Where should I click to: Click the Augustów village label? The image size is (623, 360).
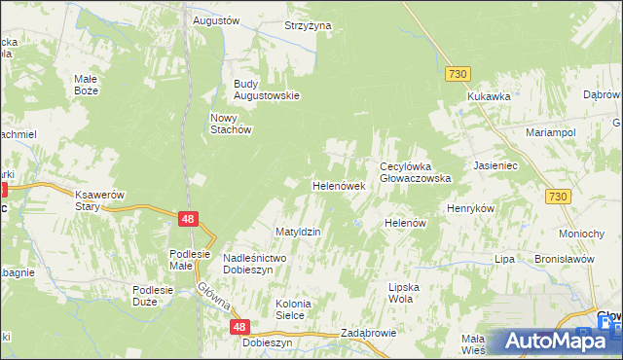[x=216, y=19]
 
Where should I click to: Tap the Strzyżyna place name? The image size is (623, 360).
[x=308, y=25]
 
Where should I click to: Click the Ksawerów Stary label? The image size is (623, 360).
[x=101, y=200]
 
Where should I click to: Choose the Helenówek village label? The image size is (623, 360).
[x=337, y=185]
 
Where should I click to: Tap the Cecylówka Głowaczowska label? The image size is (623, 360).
[x=415, y=172]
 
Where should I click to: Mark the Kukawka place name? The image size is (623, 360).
[x=489, y=96]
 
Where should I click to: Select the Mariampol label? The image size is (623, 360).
[x=551, y=131]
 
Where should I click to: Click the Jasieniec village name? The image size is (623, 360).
[x=499, y=166]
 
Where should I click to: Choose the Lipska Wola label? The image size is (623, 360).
[x=409, y=294]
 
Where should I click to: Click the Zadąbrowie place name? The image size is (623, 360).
[x=368, y=333]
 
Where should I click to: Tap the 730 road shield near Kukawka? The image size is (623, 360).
[x=458, y=74]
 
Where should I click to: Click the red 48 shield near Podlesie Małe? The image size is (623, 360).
[x=189, y=220]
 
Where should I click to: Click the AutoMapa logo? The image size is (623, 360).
[x=553, y=341]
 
